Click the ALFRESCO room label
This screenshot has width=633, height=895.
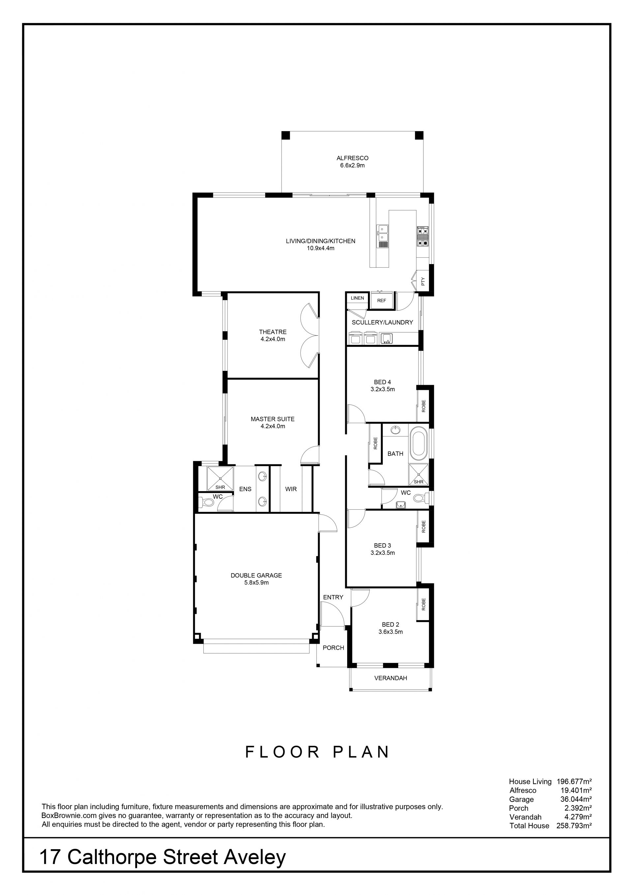352,158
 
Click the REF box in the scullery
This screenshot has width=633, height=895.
381,301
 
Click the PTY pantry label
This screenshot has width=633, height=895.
423,281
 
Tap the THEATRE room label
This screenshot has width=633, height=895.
273,332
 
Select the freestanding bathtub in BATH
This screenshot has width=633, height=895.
419,442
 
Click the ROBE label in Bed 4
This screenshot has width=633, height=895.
424,406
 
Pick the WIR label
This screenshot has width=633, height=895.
291,489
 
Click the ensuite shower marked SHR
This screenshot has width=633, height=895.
220,478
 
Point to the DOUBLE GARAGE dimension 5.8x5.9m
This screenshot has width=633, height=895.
256,582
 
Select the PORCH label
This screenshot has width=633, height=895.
333,647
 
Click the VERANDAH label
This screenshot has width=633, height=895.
391,678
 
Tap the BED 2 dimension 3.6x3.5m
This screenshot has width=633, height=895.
391,632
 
